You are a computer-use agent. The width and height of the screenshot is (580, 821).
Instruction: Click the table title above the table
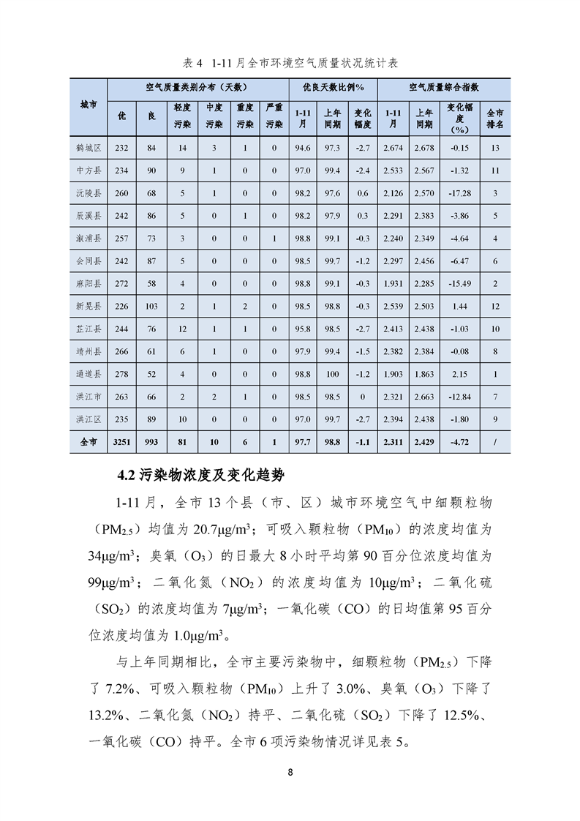point(289,63)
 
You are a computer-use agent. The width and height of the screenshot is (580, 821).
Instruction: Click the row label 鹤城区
point(88,149)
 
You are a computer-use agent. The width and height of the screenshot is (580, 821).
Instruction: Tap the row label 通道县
point(88,374)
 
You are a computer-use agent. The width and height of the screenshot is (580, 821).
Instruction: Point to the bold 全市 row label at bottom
point(88,442)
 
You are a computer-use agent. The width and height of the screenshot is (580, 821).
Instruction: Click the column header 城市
point(88,106)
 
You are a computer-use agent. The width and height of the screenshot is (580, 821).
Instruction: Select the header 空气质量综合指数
point(444,87)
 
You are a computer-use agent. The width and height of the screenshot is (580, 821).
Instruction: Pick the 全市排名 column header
point(495,118)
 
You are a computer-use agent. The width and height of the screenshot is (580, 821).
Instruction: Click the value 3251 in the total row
point(121,442)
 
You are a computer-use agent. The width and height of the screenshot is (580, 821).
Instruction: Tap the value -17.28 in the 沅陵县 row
point(459,193)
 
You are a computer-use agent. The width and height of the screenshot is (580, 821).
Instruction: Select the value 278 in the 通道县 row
point(121,374)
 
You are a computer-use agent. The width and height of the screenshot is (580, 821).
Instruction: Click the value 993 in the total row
point(151,442)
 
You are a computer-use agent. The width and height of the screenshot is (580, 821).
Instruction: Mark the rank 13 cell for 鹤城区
point(495,149)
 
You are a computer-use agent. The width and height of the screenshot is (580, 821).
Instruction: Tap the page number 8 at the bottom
point(290,773)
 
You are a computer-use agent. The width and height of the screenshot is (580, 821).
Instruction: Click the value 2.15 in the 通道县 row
point(459,374)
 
